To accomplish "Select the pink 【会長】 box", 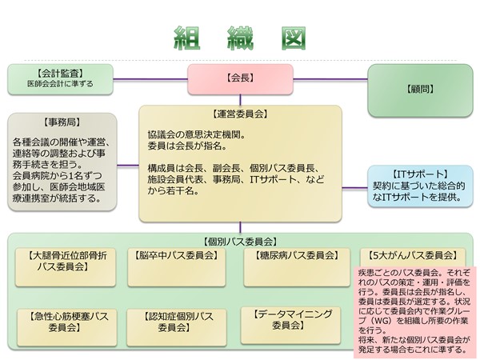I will pyautogui.click(x=241, y=78).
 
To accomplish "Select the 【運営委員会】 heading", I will pyautogui.click(x=241, y=114).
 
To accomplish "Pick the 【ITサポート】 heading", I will pyautogui.click(x=420, y=174).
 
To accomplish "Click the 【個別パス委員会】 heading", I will pyautogui.click(x=241, y=241).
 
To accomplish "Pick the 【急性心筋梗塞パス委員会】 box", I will pyautogui.click(x=67, y=322).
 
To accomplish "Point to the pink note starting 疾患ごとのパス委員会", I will pyautogui.click(x=412, y=313).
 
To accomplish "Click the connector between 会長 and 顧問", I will pyautogui.click(x=328, y=78).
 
